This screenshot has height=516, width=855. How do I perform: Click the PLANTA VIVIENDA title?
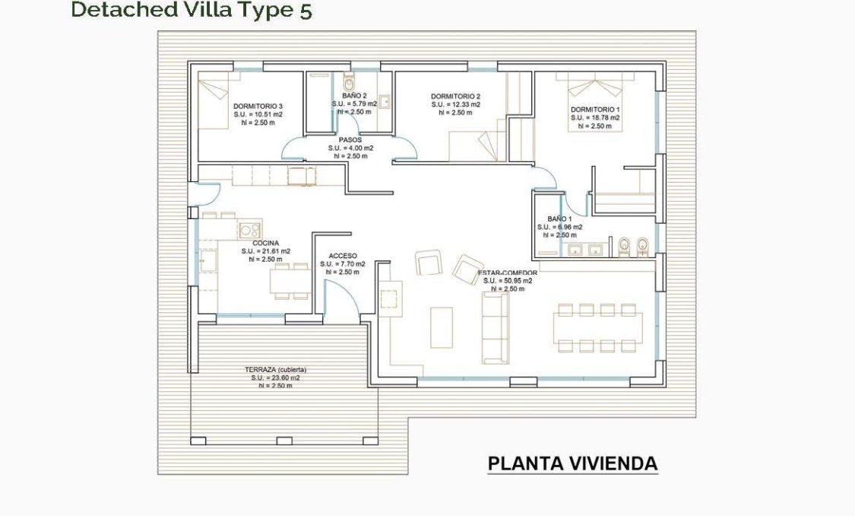pos(572,463)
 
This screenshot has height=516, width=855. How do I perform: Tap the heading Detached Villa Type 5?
pos(191,10)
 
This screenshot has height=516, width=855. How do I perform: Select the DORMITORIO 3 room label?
pos(258,106)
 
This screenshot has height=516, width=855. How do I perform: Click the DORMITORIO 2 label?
pos(455,97)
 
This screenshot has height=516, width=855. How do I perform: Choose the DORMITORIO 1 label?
pos(595,110)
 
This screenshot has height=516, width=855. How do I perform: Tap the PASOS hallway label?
pos(350,140)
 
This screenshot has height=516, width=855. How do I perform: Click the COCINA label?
pos(265,243)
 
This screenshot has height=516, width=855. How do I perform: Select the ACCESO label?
pos(343,256)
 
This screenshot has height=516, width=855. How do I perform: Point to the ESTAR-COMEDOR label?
pos(508,272)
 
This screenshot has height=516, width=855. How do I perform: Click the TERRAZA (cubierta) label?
pos(276,369)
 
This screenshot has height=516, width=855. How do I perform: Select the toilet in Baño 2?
pos(349,83)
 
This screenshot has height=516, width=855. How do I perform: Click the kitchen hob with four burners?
pos(250,228)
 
